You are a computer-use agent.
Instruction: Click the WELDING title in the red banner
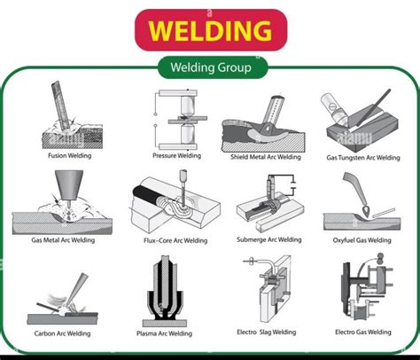tap(209, 30)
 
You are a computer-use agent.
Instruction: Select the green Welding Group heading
tap(209, 67)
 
